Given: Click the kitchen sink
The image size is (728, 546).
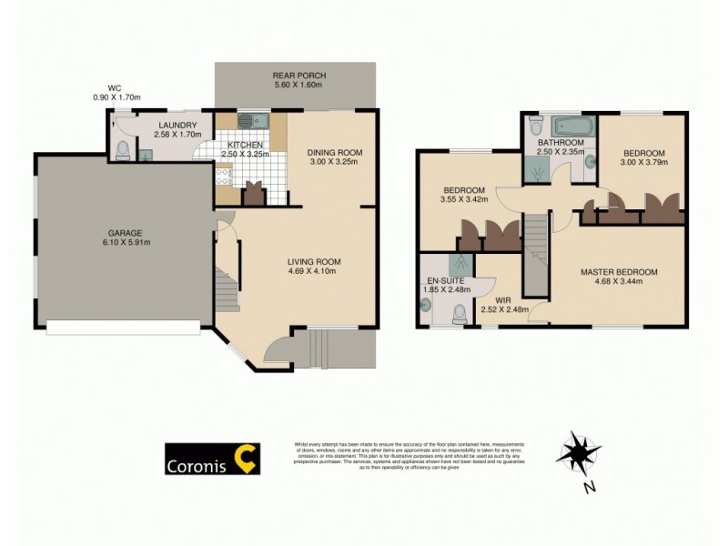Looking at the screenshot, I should coord(250,121).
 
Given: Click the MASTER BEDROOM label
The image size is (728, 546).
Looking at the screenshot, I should coord(620,271).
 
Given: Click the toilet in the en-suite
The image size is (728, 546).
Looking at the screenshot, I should coord(460,314).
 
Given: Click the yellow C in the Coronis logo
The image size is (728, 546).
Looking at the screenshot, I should coord(245,459).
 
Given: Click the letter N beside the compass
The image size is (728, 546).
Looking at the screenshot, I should coord(590,487).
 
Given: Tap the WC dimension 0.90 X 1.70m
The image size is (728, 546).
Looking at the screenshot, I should coord(116,97).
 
